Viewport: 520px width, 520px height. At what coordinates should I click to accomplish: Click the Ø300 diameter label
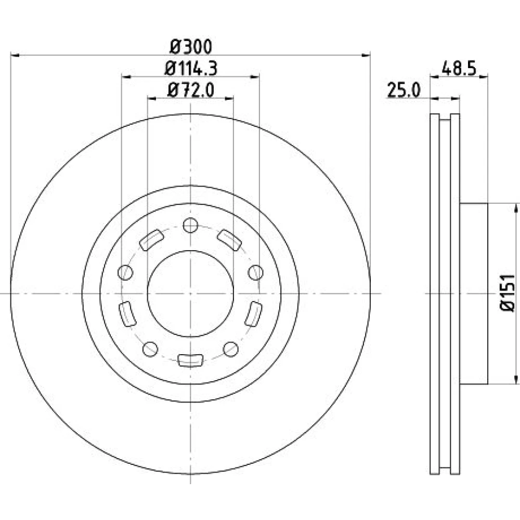[191, 47]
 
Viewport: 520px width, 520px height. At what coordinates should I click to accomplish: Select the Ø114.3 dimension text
[191, 69]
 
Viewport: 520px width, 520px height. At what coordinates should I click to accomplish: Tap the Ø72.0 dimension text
[191, 90]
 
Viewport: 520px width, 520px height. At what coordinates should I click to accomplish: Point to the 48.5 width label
[459, 69]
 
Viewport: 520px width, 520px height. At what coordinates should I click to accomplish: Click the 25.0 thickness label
[404, 90]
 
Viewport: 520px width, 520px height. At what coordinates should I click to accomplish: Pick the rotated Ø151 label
[508, 293]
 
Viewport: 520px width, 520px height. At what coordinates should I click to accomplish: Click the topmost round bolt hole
[190, 225]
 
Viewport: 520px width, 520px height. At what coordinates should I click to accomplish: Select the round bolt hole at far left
[125, 272]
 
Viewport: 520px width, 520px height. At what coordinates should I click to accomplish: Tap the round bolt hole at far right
[256, 272]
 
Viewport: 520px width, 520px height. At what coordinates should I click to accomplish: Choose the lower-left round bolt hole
[150, 349]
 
